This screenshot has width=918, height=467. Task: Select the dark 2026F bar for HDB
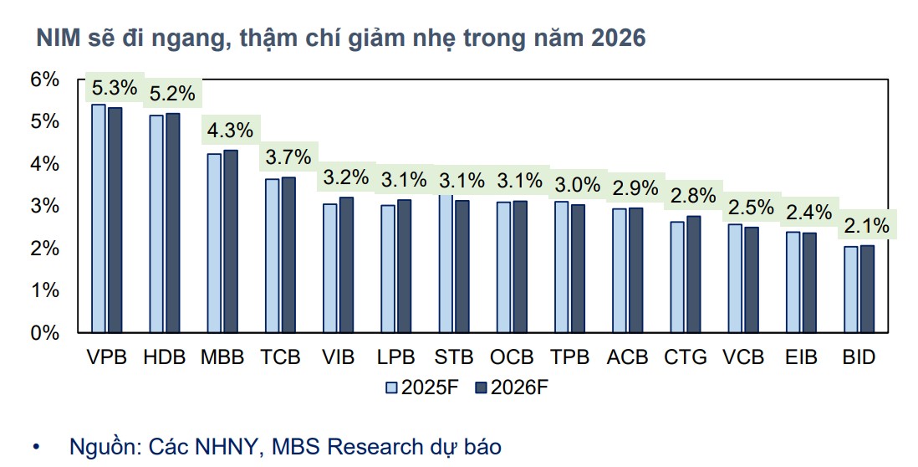coord(172,223)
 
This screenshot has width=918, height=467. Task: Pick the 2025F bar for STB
coord(445,264)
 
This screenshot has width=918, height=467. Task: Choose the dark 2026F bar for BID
coord(865,289)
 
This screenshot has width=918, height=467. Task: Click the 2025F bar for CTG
coord(676,277)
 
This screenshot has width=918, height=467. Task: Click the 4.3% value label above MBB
coord(229,131)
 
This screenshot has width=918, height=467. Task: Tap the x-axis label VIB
coord(338,357)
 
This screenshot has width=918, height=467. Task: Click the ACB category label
coord(628,357)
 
